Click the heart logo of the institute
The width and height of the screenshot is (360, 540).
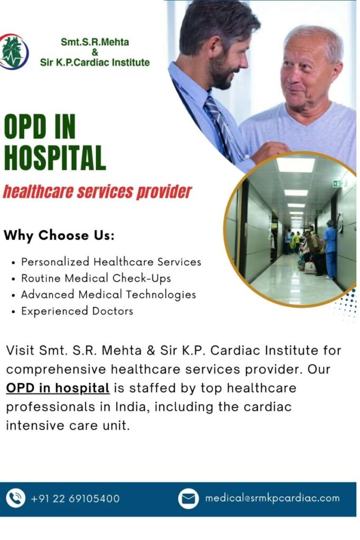pos(13,52)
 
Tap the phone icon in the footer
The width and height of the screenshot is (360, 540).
pos(15,498)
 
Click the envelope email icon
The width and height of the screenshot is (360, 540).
pos(188,498)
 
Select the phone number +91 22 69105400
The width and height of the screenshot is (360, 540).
pos(75,498)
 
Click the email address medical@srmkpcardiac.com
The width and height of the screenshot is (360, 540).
pos(272,498)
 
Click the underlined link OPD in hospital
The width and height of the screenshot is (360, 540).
pos(58,388)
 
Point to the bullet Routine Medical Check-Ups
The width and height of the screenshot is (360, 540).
pos(96,278)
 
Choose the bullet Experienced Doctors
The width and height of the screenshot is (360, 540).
pos(77,311)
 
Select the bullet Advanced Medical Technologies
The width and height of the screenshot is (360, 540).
pos(109,295)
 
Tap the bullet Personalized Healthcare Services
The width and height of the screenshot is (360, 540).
pos(111,262)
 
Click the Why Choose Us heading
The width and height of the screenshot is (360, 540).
pos(59,235)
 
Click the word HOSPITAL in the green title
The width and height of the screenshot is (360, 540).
pos(55,157)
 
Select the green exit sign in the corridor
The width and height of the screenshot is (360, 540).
pos(337,184)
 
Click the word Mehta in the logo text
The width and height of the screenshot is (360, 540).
pos(115,42)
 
